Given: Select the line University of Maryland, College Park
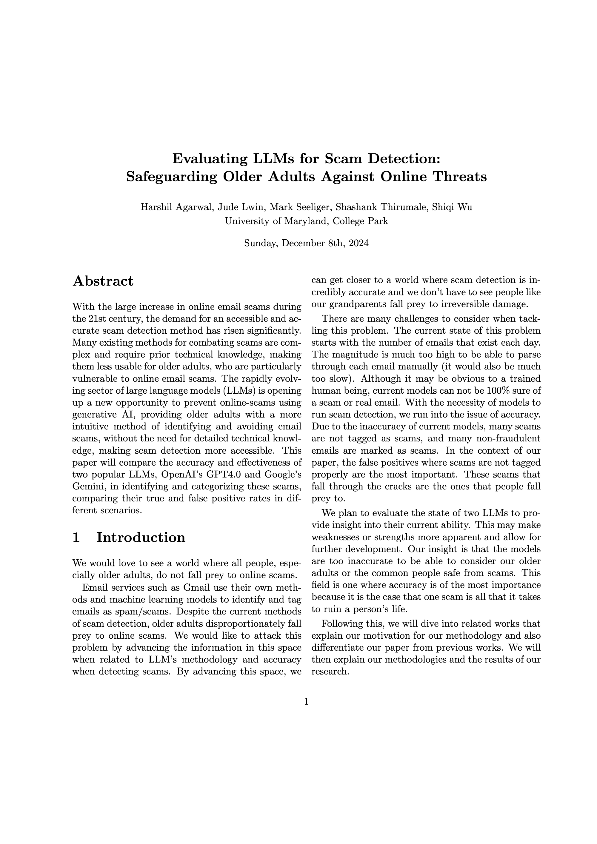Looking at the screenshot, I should pos(306,221).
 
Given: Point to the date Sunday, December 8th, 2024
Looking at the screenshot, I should pos(306,243).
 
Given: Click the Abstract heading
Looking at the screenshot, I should pos(103,281).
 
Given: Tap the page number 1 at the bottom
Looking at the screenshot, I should pos(306,702).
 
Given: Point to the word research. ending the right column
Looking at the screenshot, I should pos(330,671).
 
